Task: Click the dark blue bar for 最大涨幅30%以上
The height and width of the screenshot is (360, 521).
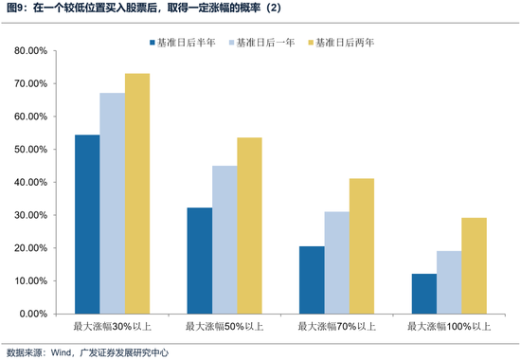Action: coord(87,224)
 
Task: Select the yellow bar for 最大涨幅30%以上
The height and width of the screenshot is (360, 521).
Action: coord(137,193)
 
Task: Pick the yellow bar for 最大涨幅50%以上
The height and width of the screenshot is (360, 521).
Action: coord(249,225)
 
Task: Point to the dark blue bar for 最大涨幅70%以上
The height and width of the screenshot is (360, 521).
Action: coord(311,279)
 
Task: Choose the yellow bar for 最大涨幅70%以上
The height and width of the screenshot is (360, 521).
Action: coord(361,245)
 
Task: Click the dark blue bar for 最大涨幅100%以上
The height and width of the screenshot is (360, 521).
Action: coord(422,294)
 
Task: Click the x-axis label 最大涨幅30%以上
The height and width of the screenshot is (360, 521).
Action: coord(113,327)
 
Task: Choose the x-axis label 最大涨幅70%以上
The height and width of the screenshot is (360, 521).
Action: coord(336,327)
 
